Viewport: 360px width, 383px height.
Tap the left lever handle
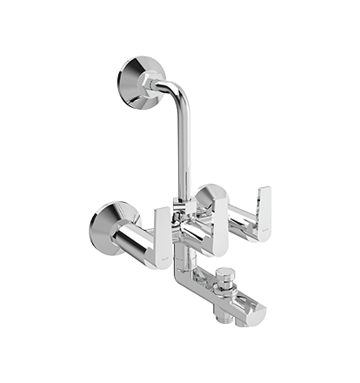click(166, 235)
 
